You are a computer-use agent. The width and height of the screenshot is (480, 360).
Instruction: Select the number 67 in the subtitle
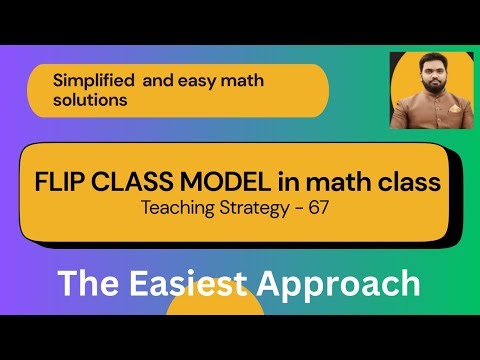pyautogui.click(x=324, y=210)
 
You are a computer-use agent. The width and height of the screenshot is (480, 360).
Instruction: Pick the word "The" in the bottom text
pyautogui.click(x=87, y=283)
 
